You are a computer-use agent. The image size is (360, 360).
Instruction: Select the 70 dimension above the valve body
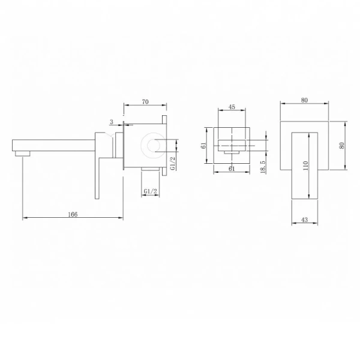(145, 102)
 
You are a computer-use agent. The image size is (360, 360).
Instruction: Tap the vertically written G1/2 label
(172, 162)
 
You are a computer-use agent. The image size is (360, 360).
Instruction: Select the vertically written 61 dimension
(204, 145)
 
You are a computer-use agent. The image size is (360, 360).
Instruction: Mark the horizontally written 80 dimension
(305, 100)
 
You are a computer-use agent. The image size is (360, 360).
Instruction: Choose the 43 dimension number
(305, 220)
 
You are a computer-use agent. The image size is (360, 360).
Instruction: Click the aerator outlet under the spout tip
(23, 154)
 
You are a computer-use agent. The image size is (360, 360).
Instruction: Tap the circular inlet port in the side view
(146, 144)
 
